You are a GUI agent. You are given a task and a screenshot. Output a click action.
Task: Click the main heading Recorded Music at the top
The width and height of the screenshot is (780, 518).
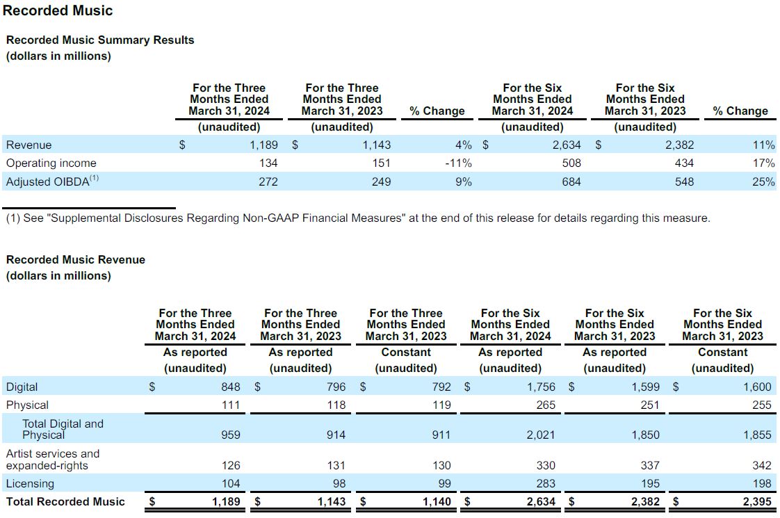[58, 10]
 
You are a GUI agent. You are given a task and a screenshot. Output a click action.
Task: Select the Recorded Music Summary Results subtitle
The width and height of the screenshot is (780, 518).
[100, 40]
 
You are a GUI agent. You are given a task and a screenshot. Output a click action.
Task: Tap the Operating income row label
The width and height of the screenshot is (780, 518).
[51, 163]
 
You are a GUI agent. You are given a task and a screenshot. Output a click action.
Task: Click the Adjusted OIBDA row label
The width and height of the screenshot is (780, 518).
[52, 181]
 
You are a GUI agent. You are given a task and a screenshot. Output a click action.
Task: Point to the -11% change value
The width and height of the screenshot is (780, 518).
[457, 163]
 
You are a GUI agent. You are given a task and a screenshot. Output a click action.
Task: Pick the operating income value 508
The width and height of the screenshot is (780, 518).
[571, 163]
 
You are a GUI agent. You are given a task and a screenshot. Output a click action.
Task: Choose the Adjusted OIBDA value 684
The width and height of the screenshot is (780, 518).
[571, 181]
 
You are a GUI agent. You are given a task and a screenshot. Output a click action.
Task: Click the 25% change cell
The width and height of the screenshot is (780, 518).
[763, 181]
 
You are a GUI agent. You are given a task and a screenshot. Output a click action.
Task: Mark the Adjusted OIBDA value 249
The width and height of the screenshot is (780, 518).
[381, 181]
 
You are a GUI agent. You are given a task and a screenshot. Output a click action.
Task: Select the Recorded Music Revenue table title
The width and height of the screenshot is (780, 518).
[76, 260]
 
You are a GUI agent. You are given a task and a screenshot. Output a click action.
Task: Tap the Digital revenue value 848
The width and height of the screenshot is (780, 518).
[230, 387]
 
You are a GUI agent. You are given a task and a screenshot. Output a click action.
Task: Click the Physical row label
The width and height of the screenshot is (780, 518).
[27, 405]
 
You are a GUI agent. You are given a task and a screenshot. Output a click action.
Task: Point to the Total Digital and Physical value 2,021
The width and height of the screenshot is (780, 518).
[540, 435]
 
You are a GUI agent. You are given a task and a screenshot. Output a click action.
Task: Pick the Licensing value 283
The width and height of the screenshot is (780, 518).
[545, 484]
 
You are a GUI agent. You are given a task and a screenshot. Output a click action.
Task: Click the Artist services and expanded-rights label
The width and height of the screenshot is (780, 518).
[53, 460]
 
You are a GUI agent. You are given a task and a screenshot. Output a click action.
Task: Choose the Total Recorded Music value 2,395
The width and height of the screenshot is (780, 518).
[756, 501]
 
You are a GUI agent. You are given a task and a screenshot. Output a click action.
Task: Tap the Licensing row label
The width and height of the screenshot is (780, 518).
[30, 484]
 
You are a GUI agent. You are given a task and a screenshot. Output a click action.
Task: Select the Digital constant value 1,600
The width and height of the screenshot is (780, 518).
[757, 387]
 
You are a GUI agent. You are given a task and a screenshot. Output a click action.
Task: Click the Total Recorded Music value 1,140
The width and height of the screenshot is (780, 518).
[437, 501]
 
